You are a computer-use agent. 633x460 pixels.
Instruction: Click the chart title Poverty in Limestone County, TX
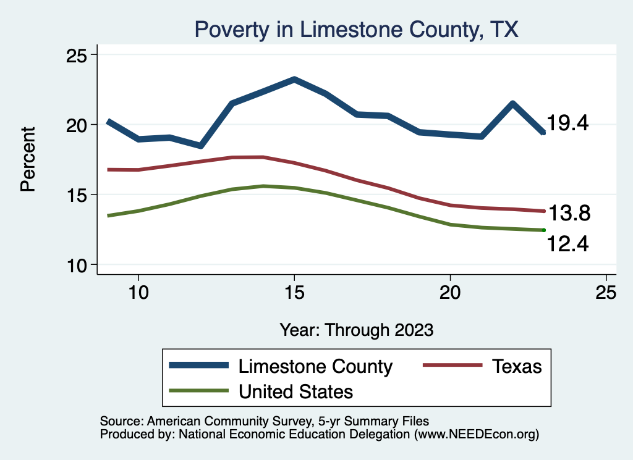pos(356,29)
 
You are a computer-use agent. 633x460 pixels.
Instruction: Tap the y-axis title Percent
pos(28,159)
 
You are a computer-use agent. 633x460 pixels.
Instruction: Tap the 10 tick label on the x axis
pos(138,293)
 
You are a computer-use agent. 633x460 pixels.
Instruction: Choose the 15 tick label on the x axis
pos(294,293)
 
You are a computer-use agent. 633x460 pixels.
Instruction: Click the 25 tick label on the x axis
pos(606,293)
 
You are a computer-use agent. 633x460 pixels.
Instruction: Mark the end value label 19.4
pos(567,123)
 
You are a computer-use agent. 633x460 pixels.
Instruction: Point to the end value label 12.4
pos(567,245)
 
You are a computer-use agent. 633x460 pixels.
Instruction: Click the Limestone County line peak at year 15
pos(294,80)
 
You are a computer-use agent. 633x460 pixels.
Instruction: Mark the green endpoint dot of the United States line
pos(544,230)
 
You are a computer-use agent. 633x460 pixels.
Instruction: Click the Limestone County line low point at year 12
pos(200,146)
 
